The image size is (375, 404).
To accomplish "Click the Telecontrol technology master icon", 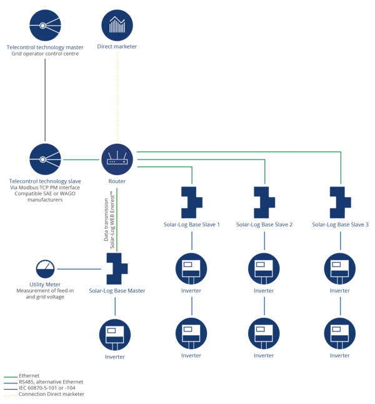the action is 45,25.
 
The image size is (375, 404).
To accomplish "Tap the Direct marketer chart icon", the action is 117,25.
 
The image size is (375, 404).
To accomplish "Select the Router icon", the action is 117,159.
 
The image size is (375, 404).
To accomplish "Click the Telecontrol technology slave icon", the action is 45,159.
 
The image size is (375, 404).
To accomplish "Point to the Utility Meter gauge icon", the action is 45,269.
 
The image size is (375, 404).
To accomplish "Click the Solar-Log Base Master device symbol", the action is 116,268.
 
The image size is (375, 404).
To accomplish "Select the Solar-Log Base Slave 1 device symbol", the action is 191,203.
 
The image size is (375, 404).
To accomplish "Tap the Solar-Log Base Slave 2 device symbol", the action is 264,203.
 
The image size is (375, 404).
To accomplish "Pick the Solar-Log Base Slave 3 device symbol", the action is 340,203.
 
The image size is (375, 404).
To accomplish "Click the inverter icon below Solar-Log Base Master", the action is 115,335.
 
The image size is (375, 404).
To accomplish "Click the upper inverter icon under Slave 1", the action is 191,269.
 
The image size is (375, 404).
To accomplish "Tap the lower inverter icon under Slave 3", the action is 340,334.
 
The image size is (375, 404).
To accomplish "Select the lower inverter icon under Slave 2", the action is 264,334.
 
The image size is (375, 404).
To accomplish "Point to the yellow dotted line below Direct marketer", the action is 117,97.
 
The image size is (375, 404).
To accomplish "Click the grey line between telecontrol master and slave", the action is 45,100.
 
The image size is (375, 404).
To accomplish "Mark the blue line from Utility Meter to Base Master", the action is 79,269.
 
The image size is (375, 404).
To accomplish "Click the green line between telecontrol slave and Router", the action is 81,159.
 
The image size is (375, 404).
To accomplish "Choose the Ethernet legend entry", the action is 22,376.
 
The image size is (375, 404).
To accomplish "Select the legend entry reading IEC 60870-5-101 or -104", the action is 39,388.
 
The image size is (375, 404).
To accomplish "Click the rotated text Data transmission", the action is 106,220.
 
